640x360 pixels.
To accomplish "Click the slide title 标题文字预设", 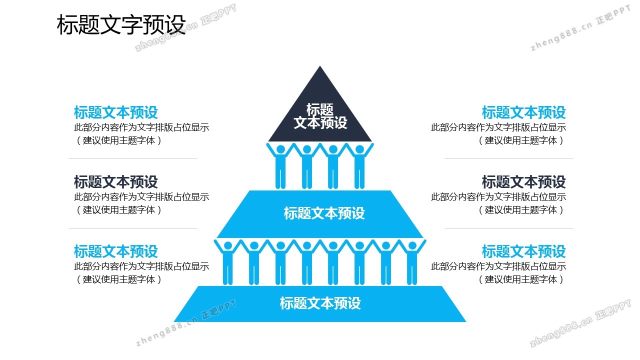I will click(121, 25).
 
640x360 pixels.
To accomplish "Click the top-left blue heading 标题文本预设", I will click(115, 112).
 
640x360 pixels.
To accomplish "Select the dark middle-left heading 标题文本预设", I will click(115, 181).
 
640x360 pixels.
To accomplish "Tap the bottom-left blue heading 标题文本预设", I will click(115, 251).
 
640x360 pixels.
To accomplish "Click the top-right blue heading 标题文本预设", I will click(523, 112).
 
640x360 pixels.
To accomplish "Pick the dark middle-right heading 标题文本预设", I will click(523, 181).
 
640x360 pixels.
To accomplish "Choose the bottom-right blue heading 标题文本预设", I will click(523, 251).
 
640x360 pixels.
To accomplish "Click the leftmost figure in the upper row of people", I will click(280, 165).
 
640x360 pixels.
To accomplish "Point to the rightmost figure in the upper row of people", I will click(359, 165).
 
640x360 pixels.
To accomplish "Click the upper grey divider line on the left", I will click(133, 158).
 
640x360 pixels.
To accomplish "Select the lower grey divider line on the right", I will click(508, 229).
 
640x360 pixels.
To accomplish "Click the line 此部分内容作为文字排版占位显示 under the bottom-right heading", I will click(498, 266).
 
